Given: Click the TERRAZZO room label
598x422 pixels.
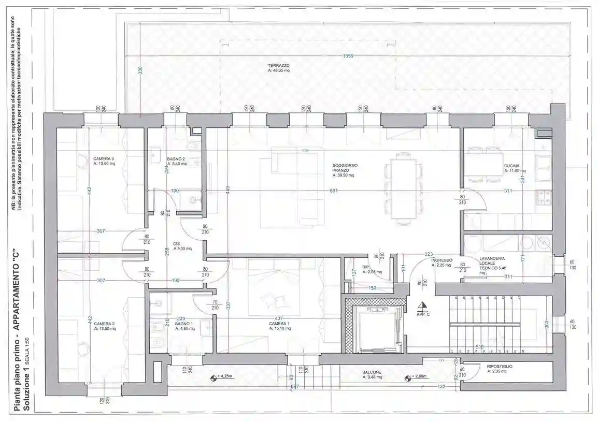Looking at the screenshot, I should click(279, 66).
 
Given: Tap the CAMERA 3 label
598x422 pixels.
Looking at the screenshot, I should click(104, 158).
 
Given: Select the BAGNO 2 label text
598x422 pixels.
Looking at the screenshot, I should click(176, 159).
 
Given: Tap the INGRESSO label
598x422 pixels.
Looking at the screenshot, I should click(442, 260).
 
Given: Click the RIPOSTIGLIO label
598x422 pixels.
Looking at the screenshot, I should click(500, 367).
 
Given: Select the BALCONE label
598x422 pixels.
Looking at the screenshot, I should click(372, 372).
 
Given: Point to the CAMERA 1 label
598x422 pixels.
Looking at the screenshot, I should click(279, 324).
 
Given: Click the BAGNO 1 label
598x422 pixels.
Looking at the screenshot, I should click(184, 324).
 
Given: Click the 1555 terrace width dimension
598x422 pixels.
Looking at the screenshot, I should click(347, 56).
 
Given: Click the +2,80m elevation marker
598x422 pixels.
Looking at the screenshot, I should click(418, 377).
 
